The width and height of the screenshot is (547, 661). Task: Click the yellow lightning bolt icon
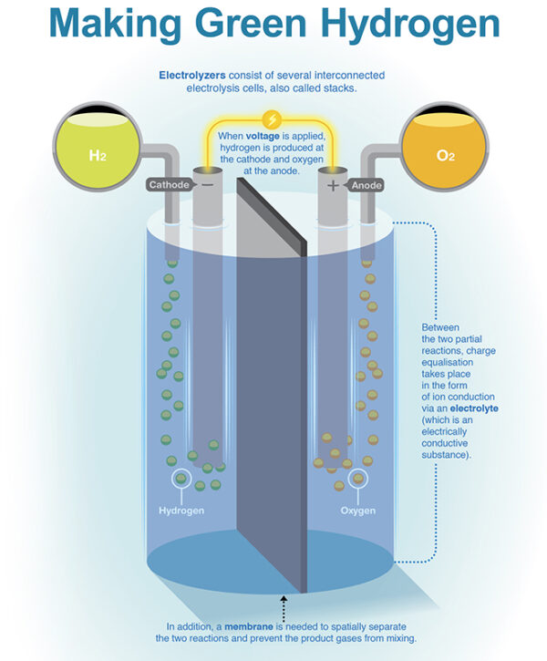273,119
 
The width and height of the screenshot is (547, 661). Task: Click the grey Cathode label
170,185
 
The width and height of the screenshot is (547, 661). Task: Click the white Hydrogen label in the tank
181,511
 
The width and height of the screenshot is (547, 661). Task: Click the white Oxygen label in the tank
358,511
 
